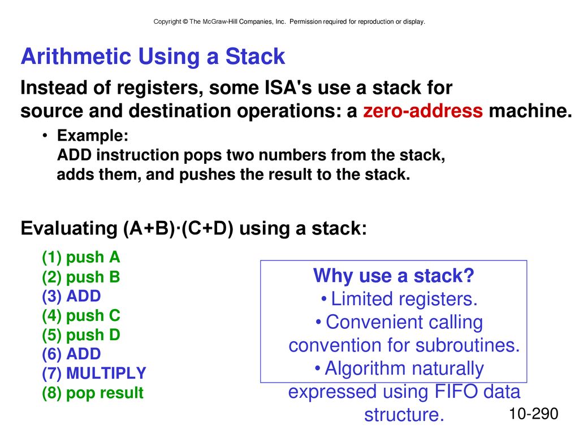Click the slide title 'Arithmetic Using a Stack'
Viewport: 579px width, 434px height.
point(153,57)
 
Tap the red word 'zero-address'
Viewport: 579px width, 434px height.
point(423,110)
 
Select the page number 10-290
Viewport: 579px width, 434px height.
point(534,414)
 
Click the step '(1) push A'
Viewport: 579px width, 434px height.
point(81,257)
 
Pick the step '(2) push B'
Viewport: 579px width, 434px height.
point(81,277)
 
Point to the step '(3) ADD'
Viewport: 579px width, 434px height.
point(71,296)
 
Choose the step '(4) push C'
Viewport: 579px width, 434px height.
point(81,315)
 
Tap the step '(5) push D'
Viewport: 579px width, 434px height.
point(81,335)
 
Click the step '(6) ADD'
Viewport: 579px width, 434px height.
point(71,354)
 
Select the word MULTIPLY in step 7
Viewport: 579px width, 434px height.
point(106,373)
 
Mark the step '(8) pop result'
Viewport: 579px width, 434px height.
point(93,393)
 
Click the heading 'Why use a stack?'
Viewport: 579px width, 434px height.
point(394,276)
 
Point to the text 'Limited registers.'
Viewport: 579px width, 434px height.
point(404,299)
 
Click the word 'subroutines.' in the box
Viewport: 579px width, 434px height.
point(468,345)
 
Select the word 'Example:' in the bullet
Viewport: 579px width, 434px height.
point(93,136)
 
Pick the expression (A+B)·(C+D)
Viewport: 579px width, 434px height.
point(178,228)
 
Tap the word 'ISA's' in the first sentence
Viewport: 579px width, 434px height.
point(288,88)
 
